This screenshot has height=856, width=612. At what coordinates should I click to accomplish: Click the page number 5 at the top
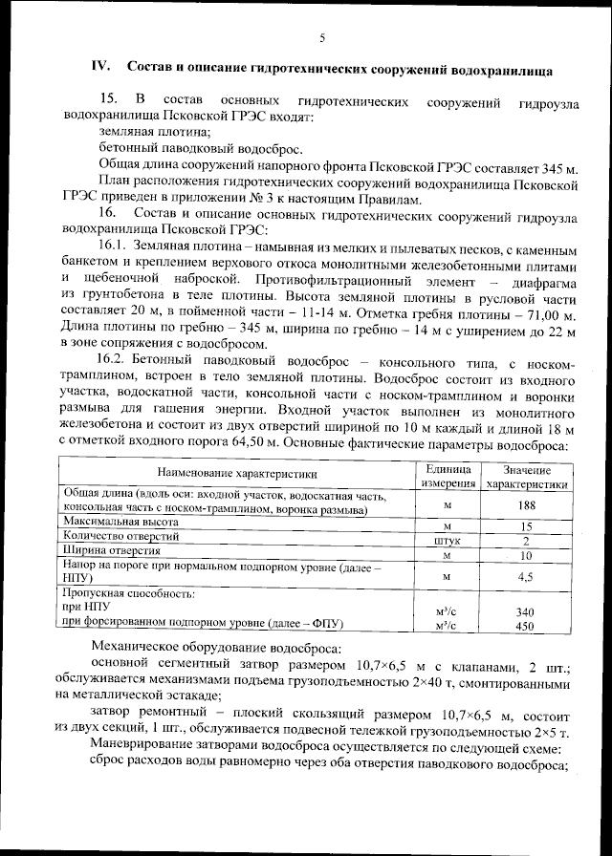[321, 37]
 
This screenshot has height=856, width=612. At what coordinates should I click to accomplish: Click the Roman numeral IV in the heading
[98, 68]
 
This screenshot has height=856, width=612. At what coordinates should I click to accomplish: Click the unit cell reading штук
[448, 540]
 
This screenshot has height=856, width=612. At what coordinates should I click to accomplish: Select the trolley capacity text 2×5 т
[548, 732]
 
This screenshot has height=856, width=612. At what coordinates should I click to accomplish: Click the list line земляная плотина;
[155, 132]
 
